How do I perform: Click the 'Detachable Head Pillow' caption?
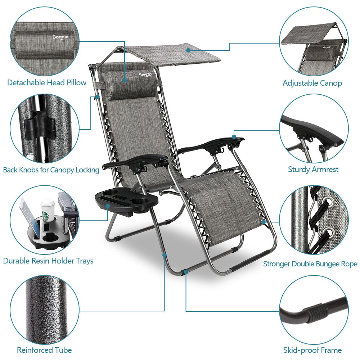47,83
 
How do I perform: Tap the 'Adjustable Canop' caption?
312,83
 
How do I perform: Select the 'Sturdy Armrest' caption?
313,169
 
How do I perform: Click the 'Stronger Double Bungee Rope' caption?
310,264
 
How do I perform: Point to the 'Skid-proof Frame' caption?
312,350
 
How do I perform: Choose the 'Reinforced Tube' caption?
44,350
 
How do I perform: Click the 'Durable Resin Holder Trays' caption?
48,261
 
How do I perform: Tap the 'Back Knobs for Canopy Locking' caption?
51,170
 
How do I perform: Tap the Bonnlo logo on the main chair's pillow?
147,75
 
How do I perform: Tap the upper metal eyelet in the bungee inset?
324,208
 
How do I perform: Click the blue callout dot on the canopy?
188,50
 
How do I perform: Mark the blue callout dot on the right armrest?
234,137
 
